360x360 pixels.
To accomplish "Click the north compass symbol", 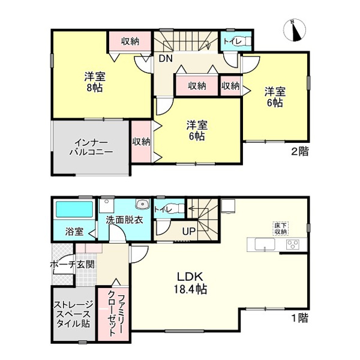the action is [x=295, y=30].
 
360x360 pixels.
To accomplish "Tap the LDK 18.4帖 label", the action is [x=190, y=283].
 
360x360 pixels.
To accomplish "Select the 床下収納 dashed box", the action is [x=281, y=229].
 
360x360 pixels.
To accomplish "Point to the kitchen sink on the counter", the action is [x=265, y=245].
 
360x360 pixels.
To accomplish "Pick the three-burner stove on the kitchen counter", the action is [x=293, y=244].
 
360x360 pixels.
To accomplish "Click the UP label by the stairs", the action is [x=189, y=231].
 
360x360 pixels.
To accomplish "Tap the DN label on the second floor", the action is [x=166, y=59].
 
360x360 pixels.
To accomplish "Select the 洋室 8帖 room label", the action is [x=95, y=82].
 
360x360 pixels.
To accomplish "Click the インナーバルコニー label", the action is [x=91, y=147].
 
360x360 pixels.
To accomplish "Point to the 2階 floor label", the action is [x=300, y=152].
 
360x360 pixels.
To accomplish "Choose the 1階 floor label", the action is [x=300, y=318].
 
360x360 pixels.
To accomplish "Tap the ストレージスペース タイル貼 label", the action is [x=73, y=314].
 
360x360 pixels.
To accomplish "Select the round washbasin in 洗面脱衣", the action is [x=143, y=203].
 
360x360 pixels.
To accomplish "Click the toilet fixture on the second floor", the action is [x=246, y=41].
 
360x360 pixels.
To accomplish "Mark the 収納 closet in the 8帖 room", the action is [x=130, y=41].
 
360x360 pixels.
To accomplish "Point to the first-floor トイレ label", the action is [x=163, y=209].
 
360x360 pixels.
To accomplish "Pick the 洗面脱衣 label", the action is [x=124, y=220].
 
